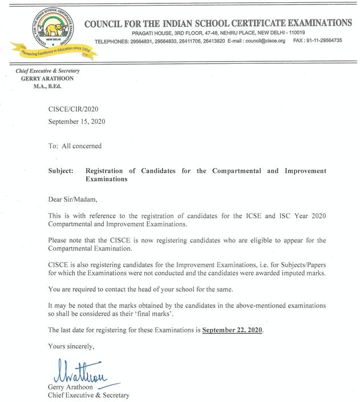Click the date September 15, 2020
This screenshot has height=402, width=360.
(76, 121)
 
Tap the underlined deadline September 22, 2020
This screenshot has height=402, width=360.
(233, 330)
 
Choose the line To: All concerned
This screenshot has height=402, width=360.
(75, 146)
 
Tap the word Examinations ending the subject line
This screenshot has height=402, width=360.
(107, 178)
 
